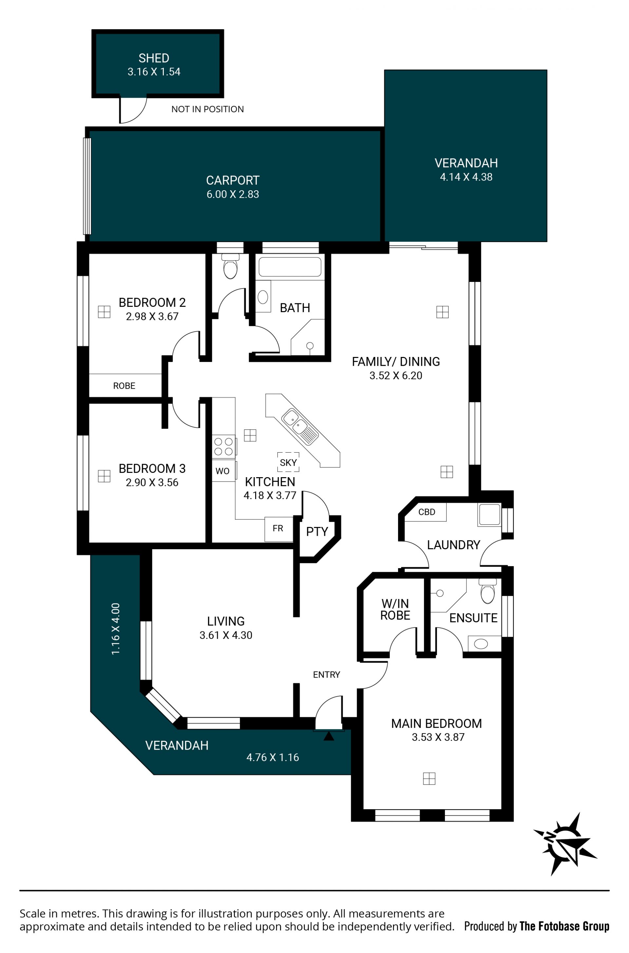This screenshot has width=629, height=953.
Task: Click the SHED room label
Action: (x=154, y=58)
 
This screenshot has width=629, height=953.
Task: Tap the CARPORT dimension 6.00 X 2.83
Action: (x=233, y=194)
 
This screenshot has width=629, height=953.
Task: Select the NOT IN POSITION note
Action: (x=207, y=109)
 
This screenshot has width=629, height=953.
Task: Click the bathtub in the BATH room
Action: (x=290, y=267)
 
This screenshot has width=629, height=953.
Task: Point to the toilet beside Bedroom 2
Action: (x=231, y=266)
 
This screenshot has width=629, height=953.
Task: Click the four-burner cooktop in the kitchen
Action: (x=224, y=446)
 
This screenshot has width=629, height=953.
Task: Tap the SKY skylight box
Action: (x=288, y=462)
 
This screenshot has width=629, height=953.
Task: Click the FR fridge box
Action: (x=278, y=529)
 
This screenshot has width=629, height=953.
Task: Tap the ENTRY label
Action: (x=327, y=675)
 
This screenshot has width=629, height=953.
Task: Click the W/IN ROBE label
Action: (x=395, y=609)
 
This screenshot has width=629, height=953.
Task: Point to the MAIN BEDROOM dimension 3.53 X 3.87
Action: (x=438, y=737)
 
